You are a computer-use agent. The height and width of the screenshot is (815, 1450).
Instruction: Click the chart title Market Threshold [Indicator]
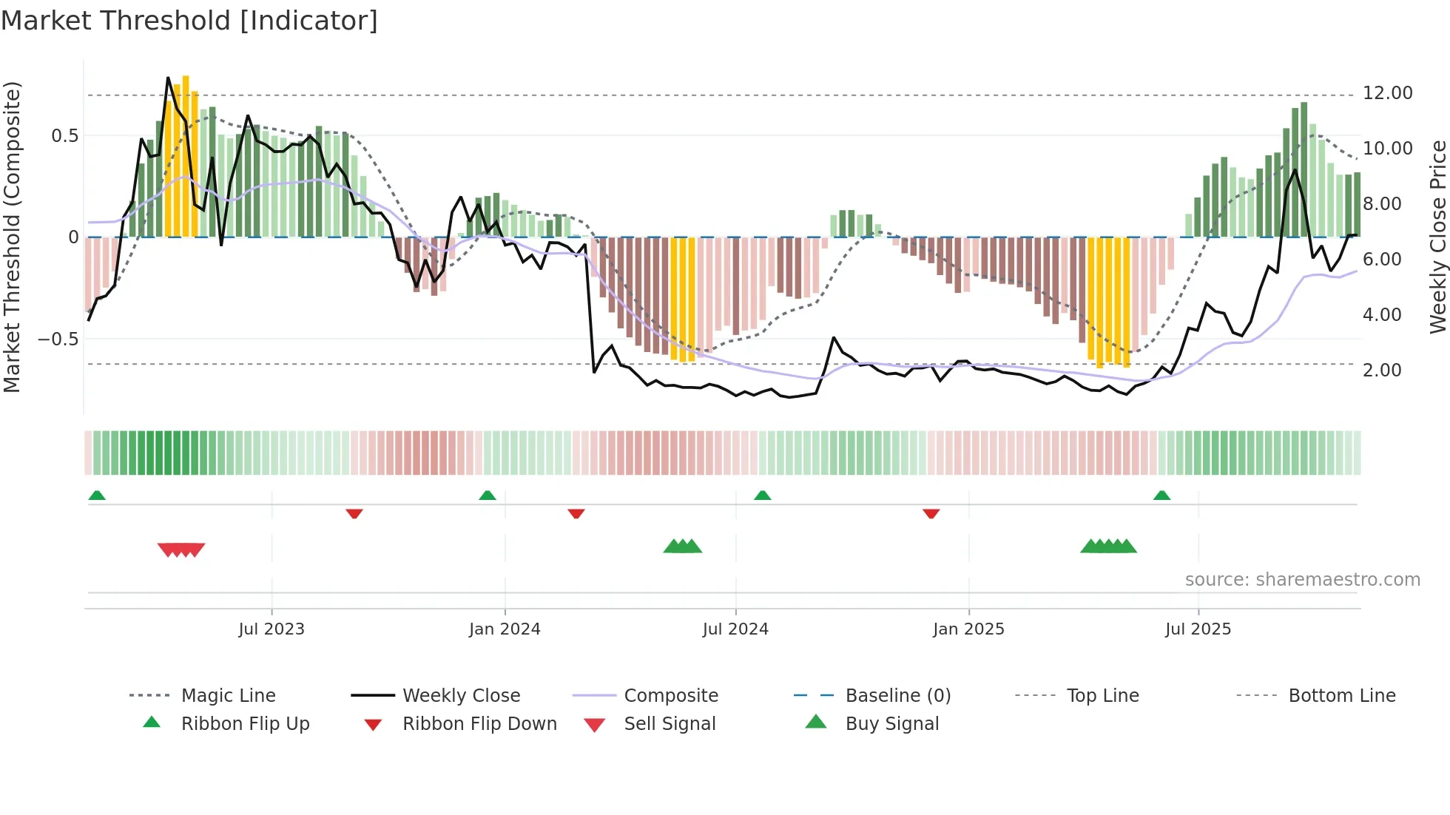[x=189, y=21]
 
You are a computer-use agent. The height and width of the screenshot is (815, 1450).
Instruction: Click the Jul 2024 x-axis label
[x=735, y=629]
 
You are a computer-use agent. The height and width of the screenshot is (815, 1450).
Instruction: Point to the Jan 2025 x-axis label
[x=968, y=629]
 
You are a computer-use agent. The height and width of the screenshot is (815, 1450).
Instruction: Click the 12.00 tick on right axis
[x=1387, y=93]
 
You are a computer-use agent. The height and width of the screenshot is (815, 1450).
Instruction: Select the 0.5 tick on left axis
[x=64, y=136]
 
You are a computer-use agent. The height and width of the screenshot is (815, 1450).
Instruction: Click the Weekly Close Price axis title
[x=1437, y=237]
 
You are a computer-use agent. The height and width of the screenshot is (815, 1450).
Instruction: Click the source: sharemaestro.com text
[x=1302, y=580]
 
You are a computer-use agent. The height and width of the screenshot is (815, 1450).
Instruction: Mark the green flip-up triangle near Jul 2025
[x=1161, y=496]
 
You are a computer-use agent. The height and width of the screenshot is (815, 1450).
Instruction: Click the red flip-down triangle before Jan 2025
[x=931, y=513]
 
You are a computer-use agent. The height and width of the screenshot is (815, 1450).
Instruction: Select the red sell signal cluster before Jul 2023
[x=181, y=549]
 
